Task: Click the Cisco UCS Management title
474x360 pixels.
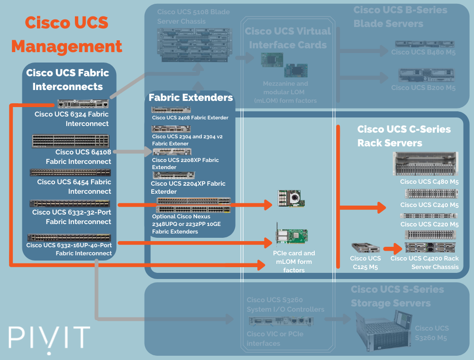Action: click(x=66, y=35)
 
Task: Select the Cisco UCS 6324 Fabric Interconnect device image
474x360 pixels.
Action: click(x=83, y=104)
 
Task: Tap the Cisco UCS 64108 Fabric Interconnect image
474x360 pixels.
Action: click(x=70, y=141)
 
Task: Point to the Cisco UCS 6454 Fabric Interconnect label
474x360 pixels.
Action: click(x=74, y=187)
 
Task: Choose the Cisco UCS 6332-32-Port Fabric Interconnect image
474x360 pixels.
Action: click(x=70, y=203)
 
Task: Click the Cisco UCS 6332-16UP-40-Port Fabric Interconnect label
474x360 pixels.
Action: click(x=69, y=249)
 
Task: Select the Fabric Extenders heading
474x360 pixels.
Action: click(x=191, y=98)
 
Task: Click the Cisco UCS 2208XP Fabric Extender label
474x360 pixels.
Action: click(x=185, y=163)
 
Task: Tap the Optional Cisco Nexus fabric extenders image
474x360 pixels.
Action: click(x=193, y=205)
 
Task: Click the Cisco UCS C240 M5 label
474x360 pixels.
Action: click(x=429, y=205)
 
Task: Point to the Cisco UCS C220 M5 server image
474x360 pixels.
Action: click(x=429, y=216)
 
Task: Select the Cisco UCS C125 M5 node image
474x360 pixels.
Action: click(x=365, y=248)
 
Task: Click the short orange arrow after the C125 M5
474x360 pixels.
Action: click(x=392, y=248)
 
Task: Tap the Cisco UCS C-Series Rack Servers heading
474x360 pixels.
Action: click(x=403, y=136)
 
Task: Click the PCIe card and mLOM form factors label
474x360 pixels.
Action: click(x=294, y=261)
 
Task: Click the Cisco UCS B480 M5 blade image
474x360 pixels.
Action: click(x=425, y=44)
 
